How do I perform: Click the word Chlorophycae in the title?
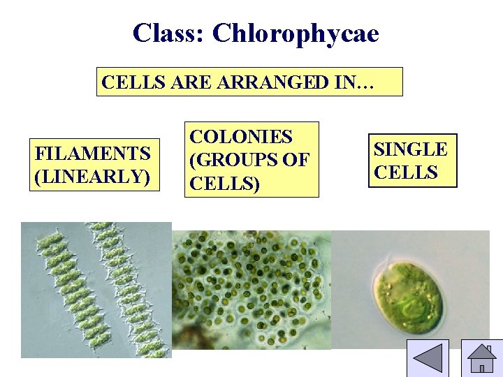click(296, 33)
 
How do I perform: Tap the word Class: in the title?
click(169, 33)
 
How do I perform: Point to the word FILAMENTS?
click(93, 152)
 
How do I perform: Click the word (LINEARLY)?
click(93, 176)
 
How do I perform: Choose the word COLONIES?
click(241, 137)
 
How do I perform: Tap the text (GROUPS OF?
click(249, 160)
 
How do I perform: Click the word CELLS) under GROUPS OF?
click(225, 184)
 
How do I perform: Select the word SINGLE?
click(411, 149)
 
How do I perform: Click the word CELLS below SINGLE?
click(406, 172)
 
